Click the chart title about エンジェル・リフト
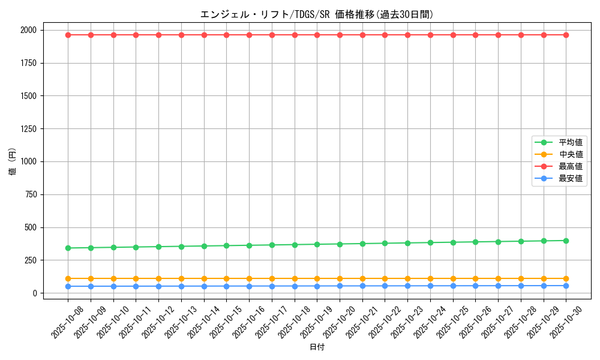coord(317,14)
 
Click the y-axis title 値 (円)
coord(13,162)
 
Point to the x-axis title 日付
coord(317,347)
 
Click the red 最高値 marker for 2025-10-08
coord(68,35)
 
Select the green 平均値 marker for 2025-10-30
coord(566,241)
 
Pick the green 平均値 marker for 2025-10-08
coord(68,248)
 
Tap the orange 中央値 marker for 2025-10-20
coord(340,278)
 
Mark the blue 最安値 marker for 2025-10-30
coord(566,286)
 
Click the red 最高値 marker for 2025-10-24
coord(430,35)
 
